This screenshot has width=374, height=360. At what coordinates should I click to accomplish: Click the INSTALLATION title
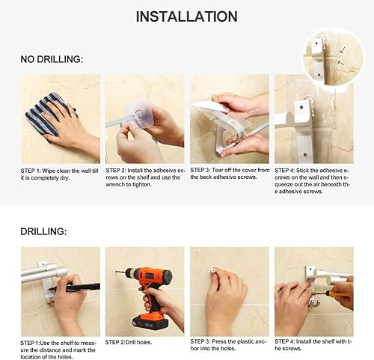(186, 16)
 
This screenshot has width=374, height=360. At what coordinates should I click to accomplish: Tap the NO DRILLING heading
(52, 59)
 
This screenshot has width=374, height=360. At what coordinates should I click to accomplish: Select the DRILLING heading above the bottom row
(43, 231)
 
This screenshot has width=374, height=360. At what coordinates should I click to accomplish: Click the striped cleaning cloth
(47, 115)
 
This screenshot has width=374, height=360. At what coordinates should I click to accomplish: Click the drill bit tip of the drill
(116, 271)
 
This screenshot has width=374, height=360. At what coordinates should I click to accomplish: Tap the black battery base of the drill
(150, 321)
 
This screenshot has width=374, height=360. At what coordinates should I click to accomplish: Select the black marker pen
(74, 287)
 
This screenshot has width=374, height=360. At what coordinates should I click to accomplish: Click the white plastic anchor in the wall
(212, 271)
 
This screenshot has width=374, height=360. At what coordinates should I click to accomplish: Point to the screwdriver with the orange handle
(334, 293)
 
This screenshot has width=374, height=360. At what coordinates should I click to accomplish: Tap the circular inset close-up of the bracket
(334, 58)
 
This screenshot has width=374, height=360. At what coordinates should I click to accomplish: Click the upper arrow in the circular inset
(343, 50)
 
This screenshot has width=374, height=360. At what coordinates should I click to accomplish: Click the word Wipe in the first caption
(49, 171)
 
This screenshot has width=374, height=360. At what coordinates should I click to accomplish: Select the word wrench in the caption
(114, 185)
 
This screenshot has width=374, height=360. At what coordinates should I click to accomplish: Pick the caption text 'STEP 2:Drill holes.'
(129, 342)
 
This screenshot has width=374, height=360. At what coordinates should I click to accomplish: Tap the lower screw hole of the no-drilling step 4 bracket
(305, 155)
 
